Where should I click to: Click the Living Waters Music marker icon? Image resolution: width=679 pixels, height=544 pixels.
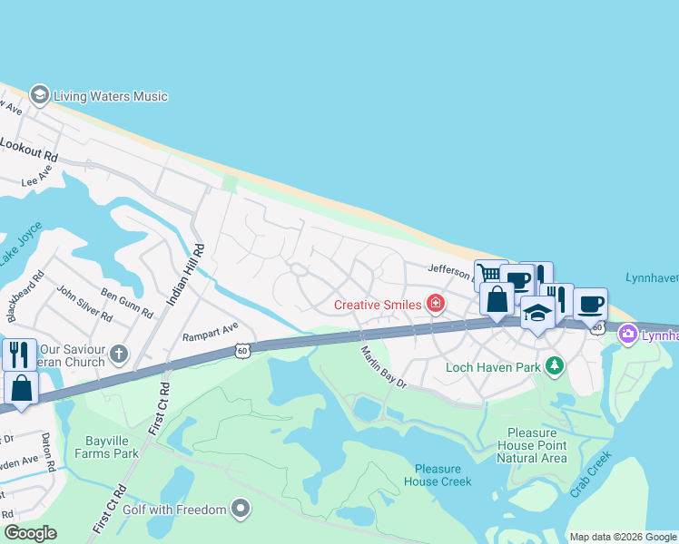(39, 95)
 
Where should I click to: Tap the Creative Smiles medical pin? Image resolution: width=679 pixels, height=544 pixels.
(436, 304)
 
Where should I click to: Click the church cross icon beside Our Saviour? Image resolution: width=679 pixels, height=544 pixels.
(119, 352)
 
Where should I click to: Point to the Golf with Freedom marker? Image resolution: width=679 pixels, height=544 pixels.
(241, 510)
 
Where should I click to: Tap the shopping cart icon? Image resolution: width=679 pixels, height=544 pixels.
(489, 274)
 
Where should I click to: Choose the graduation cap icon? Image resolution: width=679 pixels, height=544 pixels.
(537, 312)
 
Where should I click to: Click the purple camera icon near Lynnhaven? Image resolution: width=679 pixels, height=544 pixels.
(627, 335)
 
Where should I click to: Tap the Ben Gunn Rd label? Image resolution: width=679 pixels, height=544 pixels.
(127, 303)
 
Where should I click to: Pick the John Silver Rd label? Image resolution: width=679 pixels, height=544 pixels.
(84, 304)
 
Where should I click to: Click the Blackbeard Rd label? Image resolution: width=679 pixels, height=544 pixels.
(25, 297)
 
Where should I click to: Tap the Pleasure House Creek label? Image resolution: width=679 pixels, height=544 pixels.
(443, 474)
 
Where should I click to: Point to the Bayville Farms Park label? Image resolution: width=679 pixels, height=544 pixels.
(112, 447)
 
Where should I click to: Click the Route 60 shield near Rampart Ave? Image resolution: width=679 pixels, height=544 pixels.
(241, 350)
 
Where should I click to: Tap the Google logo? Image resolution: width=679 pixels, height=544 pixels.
(30, 533)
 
